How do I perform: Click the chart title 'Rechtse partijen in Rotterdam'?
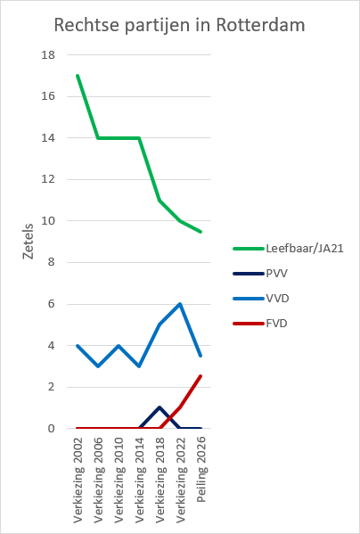(179, 26)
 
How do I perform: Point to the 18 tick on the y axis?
(48, 55)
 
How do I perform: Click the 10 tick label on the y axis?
(48, 221)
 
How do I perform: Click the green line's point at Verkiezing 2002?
(78, 76)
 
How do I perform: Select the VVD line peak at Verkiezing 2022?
(180, 304)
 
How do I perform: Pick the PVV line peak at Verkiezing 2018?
(160, 407)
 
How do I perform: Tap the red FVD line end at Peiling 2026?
(200, 376)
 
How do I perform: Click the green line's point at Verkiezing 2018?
(160, 201)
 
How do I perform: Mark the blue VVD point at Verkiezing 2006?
(99, 366)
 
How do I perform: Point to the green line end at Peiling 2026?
(200, 232)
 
